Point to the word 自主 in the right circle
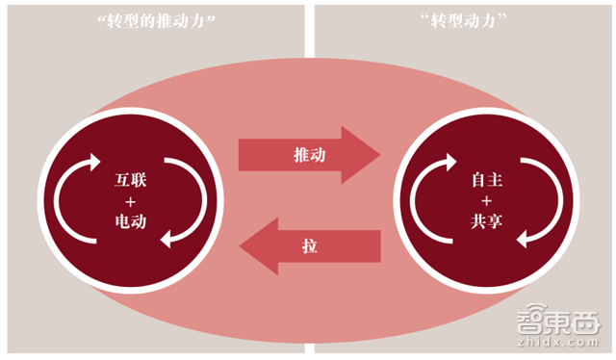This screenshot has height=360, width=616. (482, 180)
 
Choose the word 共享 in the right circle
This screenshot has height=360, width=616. (482, 222)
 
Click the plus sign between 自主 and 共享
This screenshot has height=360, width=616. (482, 201)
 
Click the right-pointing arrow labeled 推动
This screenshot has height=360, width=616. (308, 153)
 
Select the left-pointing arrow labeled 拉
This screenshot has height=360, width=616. (308, 247)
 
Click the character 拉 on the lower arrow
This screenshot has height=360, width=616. (309, 247)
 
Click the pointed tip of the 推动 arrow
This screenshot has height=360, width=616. (377, 153)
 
